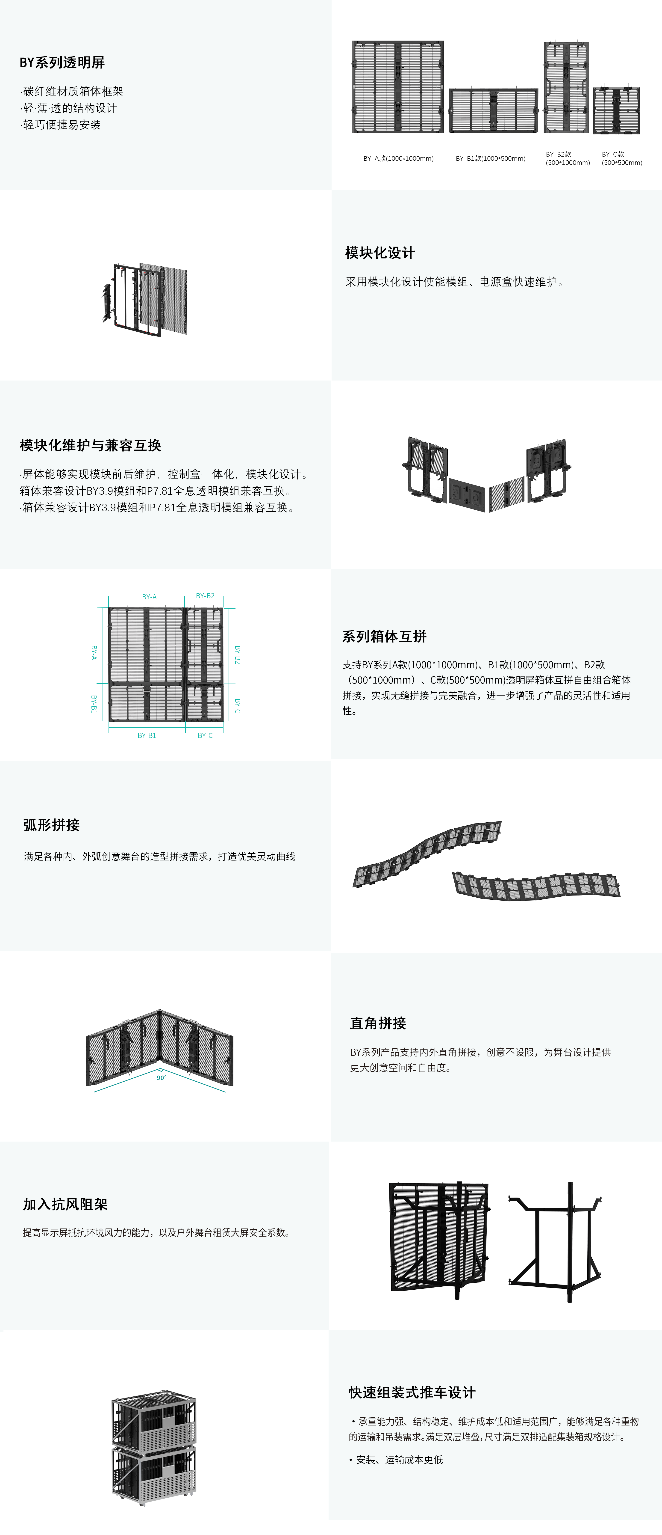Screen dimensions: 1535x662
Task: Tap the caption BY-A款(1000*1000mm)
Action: coord(398,158)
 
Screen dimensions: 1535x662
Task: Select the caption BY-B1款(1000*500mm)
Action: coord(491,158)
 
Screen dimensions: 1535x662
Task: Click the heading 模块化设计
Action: coord(380,253)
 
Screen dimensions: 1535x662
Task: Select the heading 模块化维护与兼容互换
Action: coord(91,445)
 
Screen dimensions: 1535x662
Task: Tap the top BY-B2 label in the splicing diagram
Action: coord(205,596)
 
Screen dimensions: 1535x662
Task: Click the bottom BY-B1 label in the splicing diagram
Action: coord(147,735)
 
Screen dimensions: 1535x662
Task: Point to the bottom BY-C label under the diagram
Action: coord(205,735)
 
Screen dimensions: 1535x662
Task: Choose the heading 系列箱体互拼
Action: coord(384,637)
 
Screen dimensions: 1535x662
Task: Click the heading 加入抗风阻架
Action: coord(65,1204)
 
